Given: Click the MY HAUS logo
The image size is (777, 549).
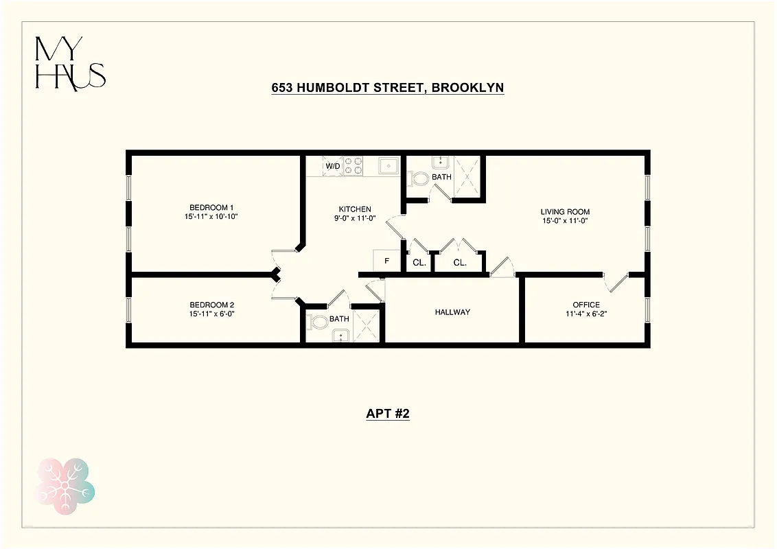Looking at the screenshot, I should point(70,63).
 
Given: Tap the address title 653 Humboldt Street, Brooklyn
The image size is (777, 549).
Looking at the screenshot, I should point(388,88).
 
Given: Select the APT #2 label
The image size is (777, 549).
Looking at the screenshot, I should point(388,414).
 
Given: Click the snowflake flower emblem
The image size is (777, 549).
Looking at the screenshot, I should point(65,481).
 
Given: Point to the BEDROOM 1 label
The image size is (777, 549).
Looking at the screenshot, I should point(212,207).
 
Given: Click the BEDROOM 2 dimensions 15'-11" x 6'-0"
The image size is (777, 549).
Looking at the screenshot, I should point(212,314).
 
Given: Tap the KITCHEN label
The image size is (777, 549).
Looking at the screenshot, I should point(355,209).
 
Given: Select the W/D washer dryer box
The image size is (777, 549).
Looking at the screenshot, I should point(332,166).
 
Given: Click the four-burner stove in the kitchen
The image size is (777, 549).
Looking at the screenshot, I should point(353,166).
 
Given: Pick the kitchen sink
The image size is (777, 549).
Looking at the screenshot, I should point(389,165).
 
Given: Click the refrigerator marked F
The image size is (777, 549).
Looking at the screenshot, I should point(386,261).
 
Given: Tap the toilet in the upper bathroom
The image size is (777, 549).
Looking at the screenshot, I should point(418,178).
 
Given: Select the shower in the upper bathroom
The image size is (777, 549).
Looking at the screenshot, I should point(467,176).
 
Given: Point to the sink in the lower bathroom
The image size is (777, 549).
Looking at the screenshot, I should point(340,335).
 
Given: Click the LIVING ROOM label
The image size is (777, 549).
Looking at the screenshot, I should point(565,211).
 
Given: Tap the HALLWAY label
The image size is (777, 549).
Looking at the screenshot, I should point(452,312).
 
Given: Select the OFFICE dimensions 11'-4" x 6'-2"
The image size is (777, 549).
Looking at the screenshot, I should point(586,314).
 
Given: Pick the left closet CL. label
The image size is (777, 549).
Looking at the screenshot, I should point(419,262).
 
